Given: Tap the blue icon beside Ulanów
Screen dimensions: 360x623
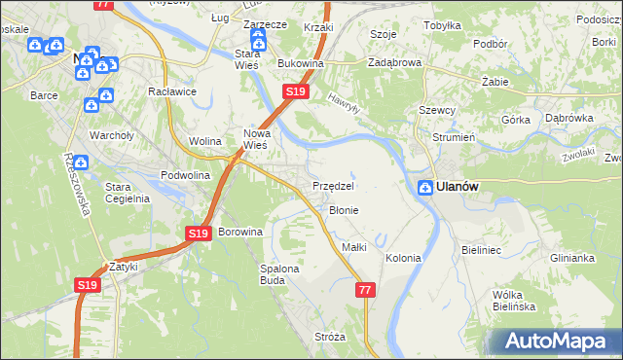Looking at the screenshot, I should point(425,188).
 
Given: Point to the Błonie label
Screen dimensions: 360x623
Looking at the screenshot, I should point(344,209).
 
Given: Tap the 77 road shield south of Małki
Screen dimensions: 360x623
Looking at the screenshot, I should point(365,290).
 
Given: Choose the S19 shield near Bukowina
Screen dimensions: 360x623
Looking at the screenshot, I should point(296,91).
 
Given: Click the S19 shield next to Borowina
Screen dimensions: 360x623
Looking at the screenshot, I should point(198,234).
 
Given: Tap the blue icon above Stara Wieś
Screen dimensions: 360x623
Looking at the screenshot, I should point(258,40).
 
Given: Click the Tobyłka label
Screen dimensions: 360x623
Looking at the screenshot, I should point(442,25).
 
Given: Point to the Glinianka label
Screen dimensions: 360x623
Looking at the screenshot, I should point(571,258).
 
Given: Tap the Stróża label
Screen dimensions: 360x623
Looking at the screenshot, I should point(330,337).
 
